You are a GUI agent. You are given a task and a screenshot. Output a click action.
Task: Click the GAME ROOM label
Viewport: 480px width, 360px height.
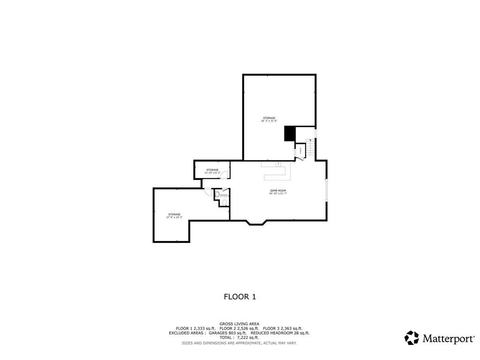[277, 190]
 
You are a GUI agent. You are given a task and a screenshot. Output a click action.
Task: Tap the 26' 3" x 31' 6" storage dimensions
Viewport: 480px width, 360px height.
[269, 121]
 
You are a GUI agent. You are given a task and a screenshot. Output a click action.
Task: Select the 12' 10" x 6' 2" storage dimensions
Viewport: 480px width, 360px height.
[212, 173]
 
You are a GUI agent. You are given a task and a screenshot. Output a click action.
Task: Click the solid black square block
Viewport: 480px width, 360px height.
[290, 134]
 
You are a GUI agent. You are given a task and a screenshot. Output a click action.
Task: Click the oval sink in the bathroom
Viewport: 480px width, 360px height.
[217, 194]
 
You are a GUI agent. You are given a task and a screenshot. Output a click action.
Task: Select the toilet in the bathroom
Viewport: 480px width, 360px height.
[225, 202]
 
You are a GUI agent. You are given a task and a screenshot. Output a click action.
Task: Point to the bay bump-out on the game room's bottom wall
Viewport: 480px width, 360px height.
[255, 223]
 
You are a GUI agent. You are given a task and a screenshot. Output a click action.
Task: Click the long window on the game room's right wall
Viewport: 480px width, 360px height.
[327, 190]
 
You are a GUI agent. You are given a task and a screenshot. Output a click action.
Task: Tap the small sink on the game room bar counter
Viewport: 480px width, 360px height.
[278, 164]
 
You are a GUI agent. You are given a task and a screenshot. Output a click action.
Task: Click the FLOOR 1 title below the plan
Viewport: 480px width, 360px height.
[240, 297]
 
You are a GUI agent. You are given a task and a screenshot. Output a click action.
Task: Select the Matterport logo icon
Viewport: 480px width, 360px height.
[412, 338]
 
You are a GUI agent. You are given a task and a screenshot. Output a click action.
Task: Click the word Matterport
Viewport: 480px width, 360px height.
[448, 338]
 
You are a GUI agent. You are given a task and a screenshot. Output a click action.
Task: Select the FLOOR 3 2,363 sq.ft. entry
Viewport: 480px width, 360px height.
[283, 328]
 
